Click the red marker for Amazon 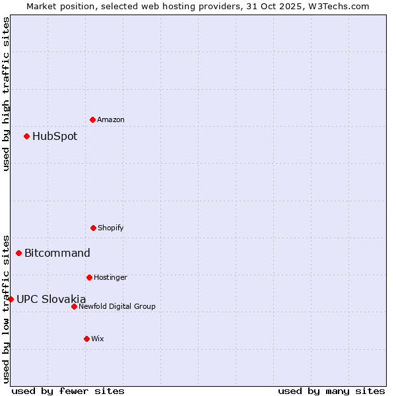(x=92, y=119)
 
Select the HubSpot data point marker (x=26, y=136)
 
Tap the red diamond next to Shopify (x=93, y=228)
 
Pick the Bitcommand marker (x=18, y=253)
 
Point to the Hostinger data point (x=89, y=277)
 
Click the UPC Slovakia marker (x=11, y=299)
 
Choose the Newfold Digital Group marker (x=74, y=306)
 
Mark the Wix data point (x=86, y=339)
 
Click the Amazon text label (x=111, y=119)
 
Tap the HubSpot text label (x=55, y=137)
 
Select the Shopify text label (x=111, y=228)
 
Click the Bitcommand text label (x=57, y=253)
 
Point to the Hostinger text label (x=110, y=277)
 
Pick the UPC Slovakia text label (x=51, y=299)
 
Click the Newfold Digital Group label (x=117, y=306)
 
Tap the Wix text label (x=98, y=339)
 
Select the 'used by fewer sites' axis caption (x=68, y=391)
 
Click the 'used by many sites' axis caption (x=331, y=391)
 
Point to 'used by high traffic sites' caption (x=6, y=94)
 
